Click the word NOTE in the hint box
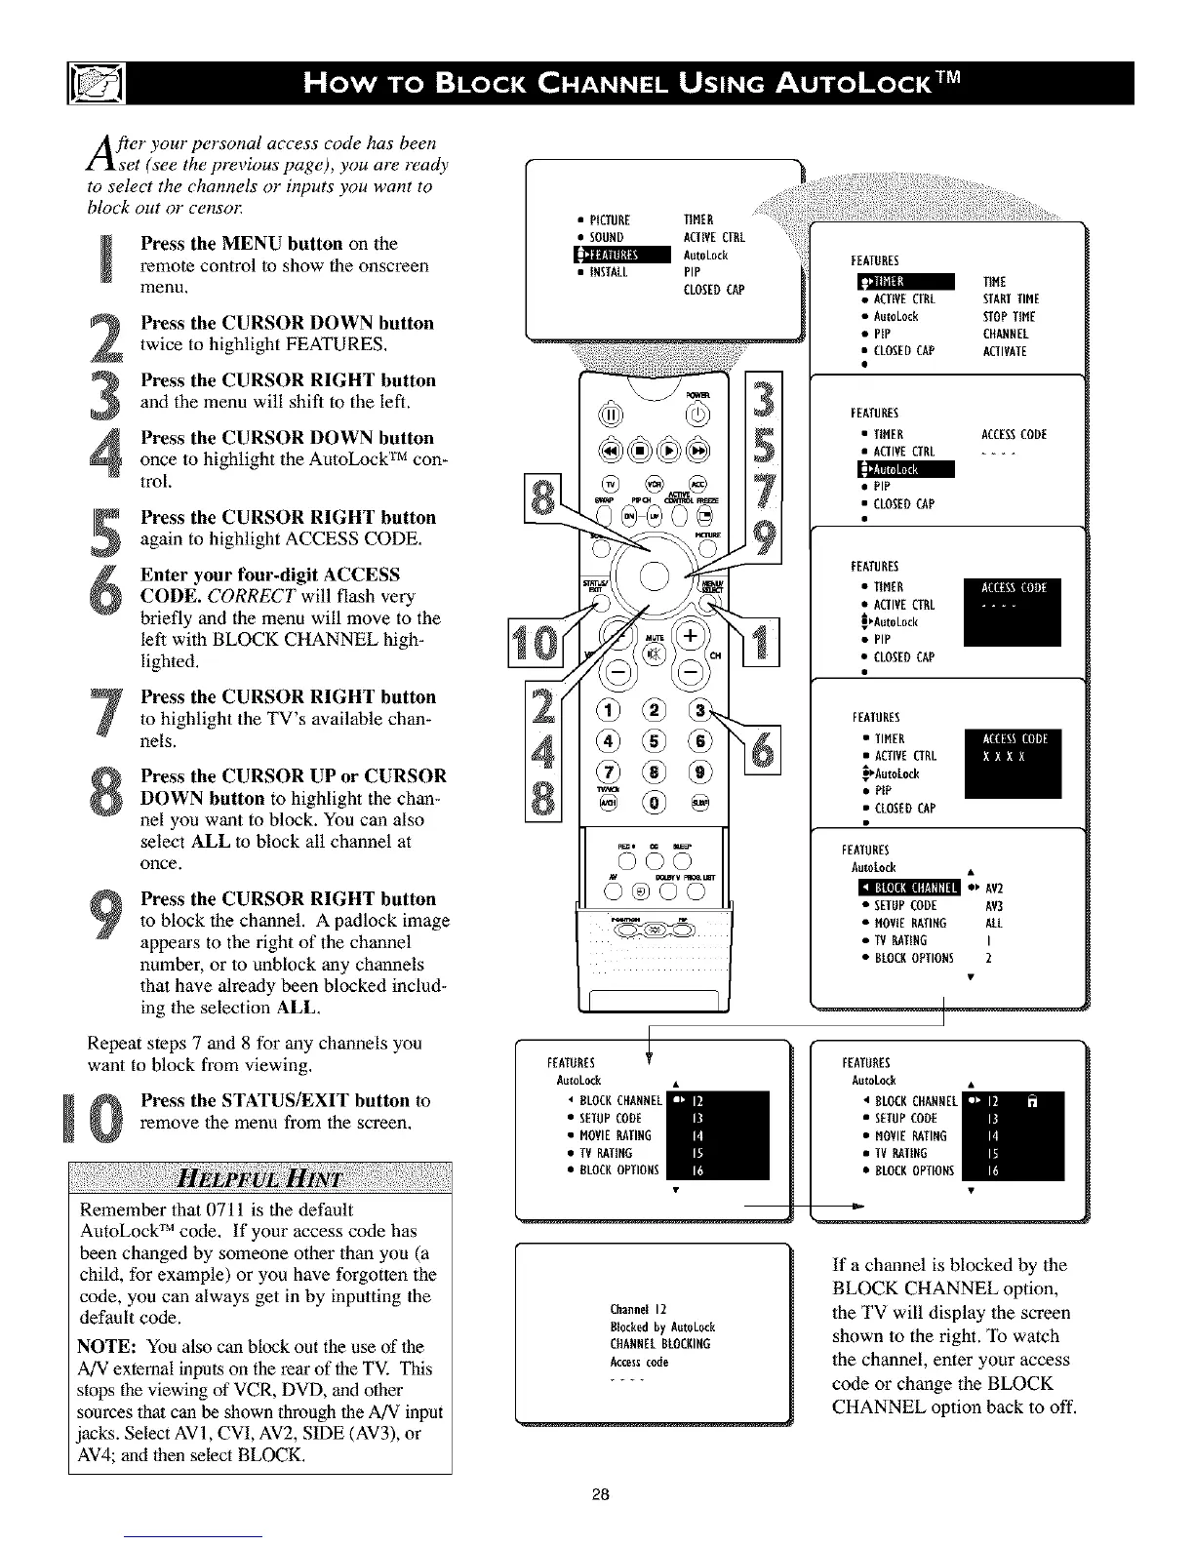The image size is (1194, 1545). (107, 1347)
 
